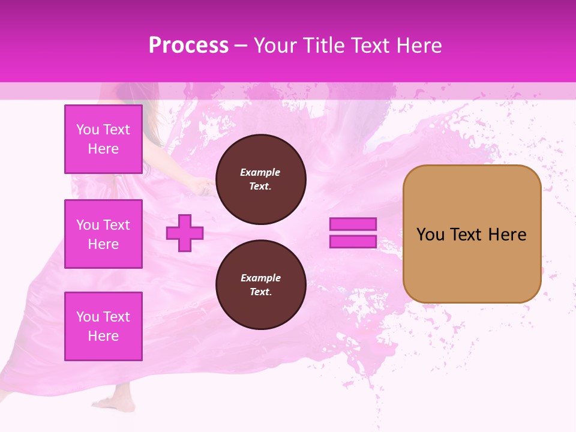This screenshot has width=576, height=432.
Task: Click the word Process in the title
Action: tap(188, 46)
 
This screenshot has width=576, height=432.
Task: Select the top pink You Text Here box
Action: tap(103, 139)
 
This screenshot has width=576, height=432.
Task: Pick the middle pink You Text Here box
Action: tap(103, 234)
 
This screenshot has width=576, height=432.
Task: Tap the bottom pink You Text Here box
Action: tap(103, 326)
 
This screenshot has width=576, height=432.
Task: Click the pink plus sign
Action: tap(185, 233)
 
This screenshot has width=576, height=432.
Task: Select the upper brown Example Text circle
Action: tap(260, 179)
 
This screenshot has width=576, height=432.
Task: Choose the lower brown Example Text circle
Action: tap(260, 285)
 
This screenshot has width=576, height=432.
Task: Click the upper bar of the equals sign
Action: tap(353, 224)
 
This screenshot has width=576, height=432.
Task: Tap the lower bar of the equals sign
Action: tap(353, 241)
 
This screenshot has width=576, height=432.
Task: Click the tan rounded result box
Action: tap(472, 264)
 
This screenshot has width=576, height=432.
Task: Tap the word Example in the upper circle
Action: tap(260, 172)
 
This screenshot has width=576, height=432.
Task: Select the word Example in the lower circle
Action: tap(260, 278)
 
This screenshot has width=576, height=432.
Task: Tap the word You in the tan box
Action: tap(430, 235)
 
